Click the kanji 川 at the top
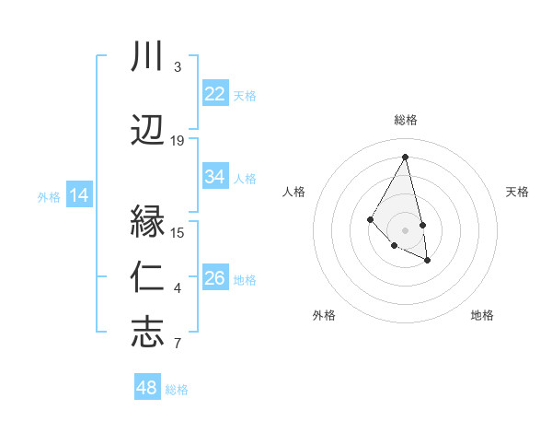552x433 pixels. (x=147, y=57)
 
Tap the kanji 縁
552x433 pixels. (x=147, y=222)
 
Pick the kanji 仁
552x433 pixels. (x=147, y=275)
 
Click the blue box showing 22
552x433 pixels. (x=215, y=94)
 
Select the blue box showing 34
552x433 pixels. (x=215, y=177)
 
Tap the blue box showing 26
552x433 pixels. (x=215, y=278)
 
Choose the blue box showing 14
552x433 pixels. (x=79, y=195)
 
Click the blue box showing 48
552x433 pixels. (x=147, y=388)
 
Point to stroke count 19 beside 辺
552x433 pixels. (x=178, y=141)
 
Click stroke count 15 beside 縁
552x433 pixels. (x=178, y=232)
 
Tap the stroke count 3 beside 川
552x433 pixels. (x=178, y=67)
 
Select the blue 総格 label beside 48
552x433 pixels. (x=177, y=390)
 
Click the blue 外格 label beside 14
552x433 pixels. (x=49, y=196)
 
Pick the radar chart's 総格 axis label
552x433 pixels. (x=405, y=120)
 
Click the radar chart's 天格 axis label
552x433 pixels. (x=517, y=192)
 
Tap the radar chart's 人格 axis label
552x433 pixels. (x=293, y=192)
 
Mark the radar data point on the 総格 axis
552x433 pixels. (x=405, y=157)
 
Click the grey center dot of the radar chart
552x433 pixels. (x=405, y=229)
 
